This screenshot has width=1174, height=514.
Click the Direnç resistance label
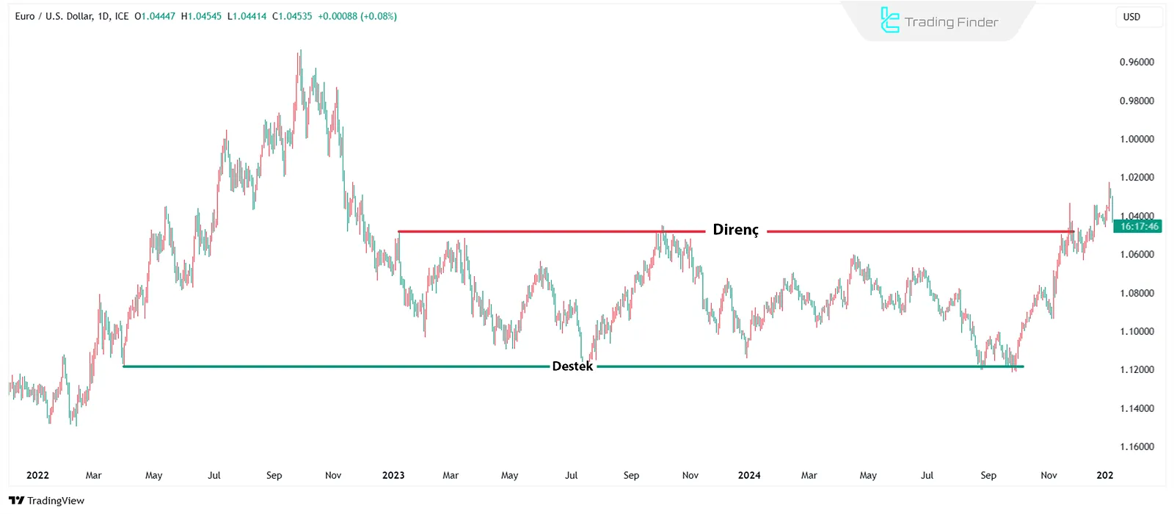(x=735, y=230)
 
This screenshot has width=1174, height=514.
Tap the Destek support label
(x=572, y=366)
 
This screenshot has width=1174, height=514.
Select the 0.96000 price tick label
(x=1137, y=62)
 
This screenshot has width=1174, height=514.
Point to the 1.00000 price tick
(x=1137, y=140)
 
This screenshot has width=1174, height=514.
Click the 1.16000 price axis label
(x=1137, y=446)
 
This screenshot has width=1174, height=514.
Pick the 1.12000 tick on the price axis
(x=1137, y=369)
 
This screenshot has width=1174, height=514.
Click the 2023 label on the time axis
(x=393, y=475)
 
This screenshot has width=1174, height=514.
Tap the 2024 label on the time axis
(x=749, y=475)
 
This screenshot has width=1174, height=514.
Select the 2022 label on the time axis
(x=37, y=475)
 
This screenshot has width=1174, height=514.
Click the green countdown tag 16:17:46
(x=1139, y=226)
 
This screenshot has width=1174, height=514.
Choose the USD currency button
(x=1131, y=17)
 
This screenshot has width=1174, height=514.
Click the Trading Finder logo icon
(x=889, y=21)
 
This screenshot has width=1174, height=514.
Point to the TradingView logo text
(x=56, y=501)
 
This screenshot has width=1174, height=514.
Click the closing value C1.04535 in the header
(x=292, y=16)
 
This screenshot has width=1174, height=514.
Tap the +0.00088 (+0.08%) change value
(x=357, y=16)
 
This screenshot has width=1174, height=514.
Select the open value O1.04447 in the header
(x=155, y=16)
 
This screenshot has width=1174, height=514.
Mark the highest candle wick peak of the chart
(x=300, y=51)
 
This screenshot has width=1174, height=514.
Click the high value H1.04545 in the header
(x=201, y=16)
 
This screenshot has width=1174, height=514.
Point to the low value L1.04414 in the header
(x=247, y=16)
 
